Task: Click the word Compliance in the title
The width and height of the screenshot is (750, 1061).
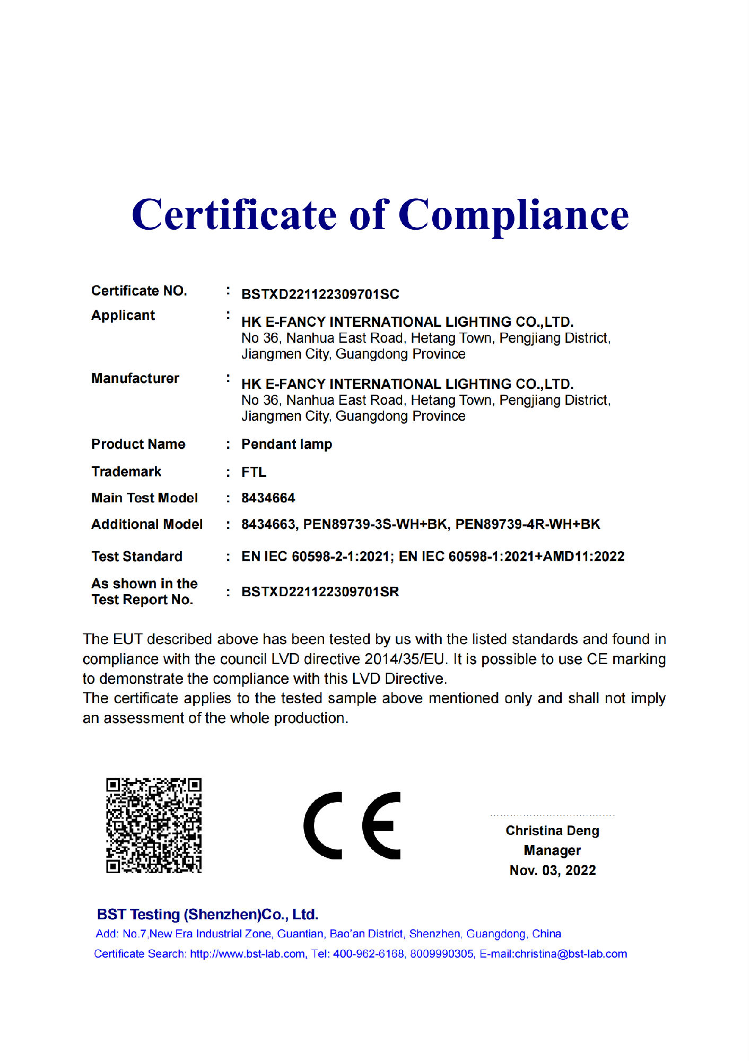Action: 513,215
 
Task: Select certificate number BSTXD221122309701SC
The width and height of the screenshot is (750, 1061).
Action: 320,294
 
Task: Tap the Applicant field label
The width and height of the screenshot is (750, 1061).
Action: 123,315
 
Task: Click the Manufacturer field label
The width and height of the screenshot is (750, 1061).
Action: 135,378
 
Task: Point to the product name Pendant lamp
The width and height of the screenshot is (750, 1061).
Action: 286,444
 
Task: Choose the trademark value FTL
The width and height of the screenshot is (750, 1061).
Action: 254,472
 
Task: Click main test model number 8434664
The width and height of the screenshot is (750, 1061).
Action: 268,498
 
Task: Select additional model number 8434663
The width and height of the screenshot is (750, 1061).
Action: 268,524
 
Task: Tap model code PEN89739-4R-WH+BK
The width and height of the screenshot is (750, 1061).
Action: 527,524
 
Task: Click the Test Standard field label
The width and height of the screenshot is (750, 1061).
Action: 137,556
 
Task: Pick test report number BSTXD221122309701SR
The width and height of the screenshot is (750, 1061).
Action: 320,592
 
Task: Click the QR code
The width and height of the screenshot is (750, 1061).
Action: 153,825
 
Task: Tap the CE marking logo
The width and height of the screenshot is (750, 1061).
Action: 352,825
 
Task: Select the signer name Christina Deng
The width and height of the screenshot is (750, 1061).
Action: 552,831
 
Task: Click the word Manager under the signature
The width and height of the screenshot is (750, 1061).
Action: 552,850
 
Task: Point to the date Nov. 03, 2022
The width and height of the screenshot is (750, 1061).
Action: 552,871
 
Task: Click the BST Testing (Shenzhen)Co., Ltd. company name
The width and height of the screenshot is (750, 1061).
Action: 207,915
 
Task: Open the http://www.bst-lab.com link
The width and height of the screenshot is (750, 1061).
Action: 247,954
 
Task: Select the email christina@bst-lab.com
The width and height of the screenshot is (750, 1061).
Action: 571,954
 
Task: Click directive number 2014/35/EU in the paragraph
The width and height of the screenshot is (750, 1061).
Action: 404,659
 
